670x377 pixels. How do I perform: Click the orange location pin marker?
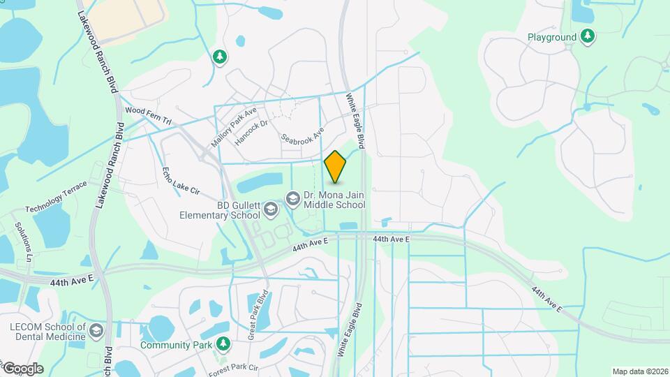point(336,166)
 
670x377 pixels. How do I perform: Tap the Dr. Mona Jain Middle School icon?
point(294,199)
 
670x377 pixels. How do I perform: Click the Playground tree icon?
point(588,36)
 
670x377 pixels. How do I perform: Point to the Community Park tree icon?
point(223,343)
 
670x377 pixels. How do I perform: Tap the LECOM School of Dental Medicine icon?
point(96,331)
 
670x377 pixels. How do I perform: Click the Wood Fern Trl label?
point(148,115)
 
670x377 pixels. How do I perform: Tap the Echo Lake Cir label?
point(181,181)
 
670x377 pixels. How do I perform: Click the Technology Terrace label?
point(57,197)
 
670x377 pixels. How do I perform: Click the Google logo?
point(22,369)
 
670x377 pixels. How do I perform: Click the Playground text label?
point(551,37)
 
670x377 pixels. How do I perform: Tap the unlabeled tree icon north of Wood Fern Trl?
point(220,57)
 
